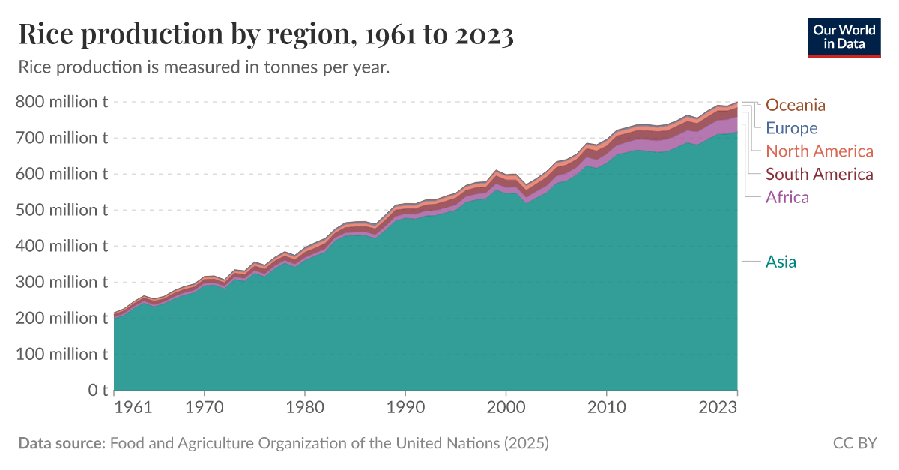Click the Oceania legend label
point(795,105)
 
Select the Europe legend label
point(791,128)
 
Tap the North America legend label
point(820,151)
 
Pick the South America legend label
point(820,175)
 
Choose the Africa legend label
point(787,198)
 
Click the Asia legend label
point(781,262)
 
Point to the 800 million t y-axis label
point(61,102)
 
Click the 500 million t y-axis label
point(61,210)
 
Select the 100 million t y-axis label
point(61,354)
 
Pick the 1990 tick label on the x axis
point(405,409)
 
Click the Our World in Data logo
point(844,36)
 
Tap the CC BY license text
point(854,443)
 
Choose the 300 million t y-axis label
point(61,282)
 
